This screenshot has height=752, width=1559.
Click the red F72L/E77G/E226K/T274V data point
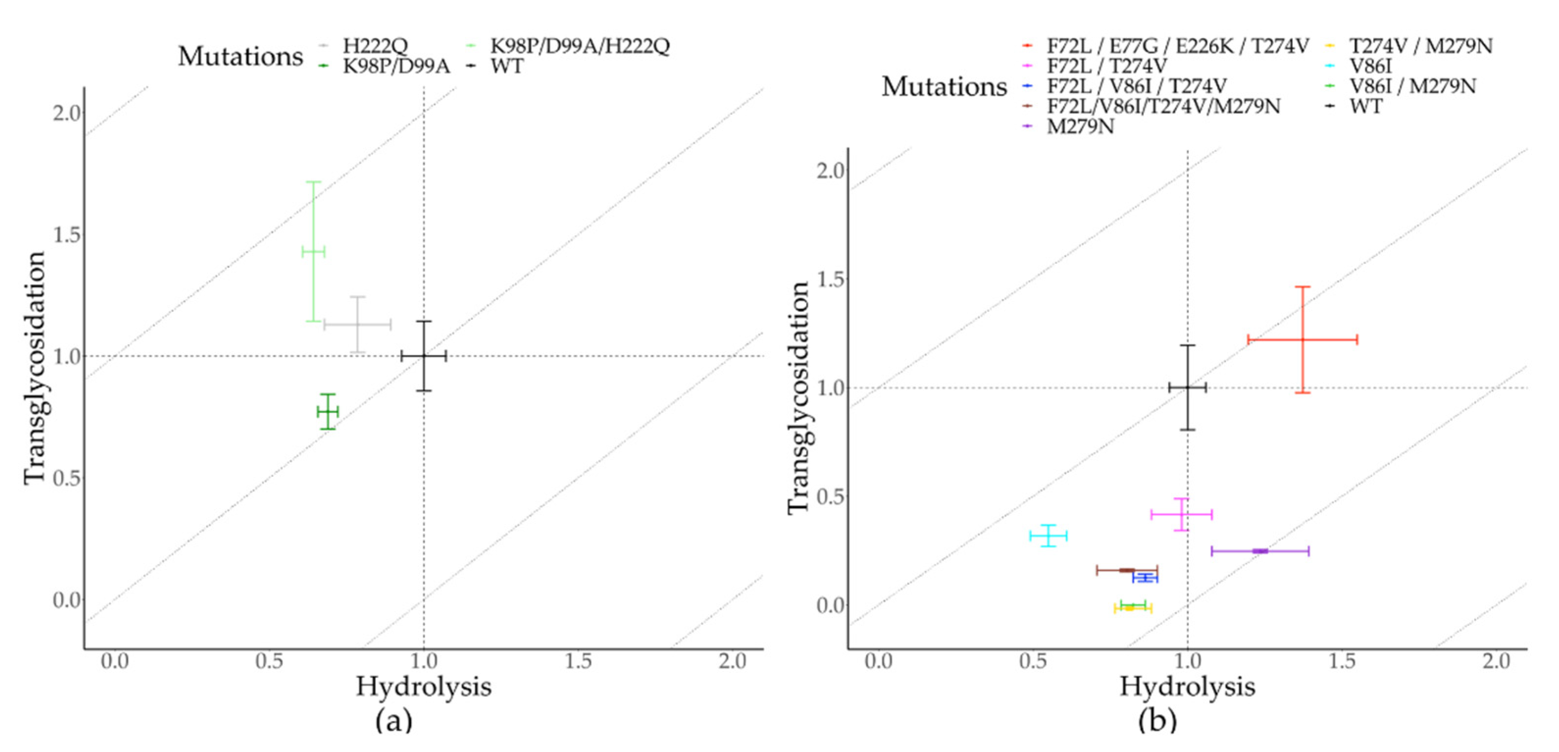1303,339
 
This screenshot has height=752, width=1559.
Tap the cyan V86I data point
1048,536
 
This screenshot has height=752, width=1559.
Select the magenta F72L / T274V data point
1182,515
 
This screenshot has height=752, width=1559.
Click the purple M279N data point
1260,551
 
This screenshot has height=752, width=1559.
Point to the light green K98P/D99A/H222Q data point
313,251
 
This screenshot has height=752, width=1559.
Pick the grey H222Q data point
358,325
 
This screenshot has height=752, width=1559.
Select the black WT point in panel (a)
424,356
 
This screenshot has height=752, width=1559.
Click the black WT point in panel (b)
1187,388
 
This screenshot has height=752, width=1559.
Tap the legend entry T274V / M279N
1420,46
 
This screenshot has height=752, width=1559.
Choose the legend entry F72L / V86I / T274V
1136,86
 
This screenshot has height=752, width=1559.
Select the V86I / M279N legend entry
1412,86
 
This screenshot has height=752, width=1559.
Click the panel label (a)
393,721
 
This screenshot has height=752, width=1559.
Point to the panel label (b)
1157,721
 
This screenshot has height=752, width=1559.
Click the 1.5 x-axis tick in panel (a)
578,661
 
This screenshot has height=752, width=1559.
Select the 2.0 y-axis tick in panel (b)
831,171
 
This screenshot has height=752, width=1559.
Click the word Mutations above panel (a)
240,56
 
